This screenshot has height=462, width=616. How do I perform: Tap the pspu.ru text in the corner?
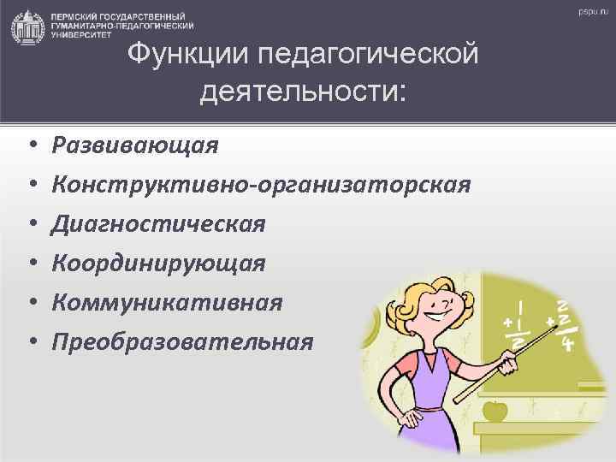(589, 13)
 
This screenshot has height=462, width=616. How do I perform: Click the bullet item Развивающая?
(134, 145)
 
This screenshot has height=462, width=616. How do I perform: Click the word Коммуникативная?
(166, 303)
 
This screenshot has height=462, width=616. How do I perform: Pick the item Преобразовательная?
(182, 342)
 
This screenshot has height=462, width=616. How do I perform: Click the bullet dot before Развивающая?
(29, 145)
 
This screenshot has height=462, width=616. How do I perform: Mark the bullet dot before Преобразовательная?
(29, 343)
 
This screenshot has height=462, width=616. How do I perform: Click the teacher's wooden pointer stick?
(513, 358)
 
